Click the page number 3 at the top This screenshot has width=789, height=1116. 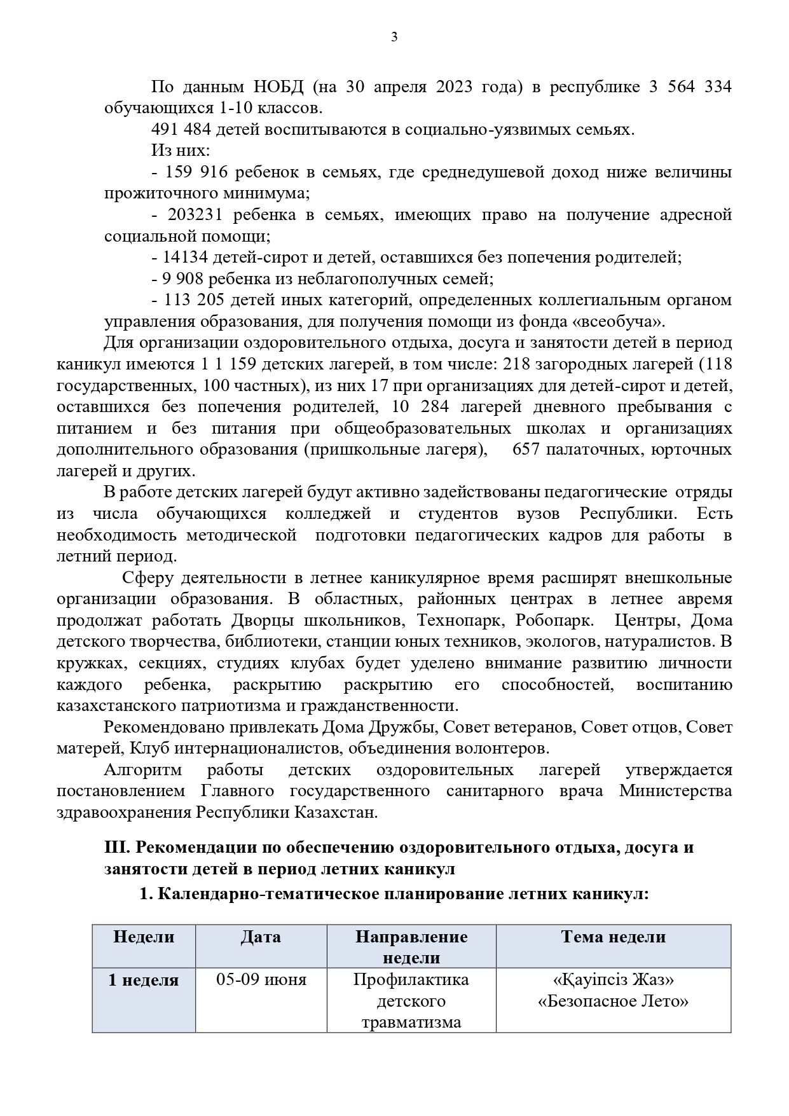point(394,38)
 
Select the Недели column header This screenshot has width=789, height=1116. point(144,937)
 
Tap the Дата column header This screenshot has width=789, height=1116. point(261,937)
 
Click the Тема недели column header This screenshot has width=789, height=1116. point(613,937)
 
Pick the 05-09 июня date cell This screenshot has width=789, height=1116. point(261,980)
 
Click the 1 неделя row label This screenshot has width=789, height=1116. point(144,980)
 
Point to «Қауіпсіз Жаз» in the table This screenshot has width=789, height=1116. point(613,980)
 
